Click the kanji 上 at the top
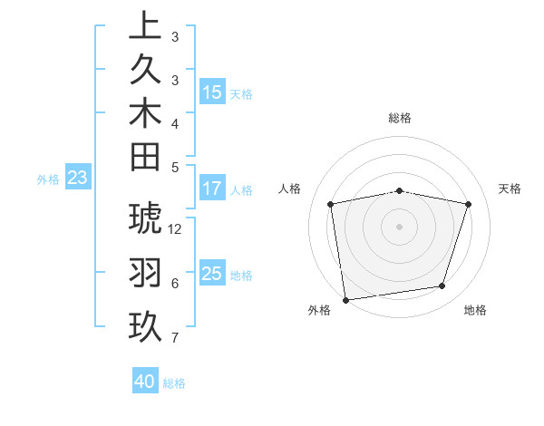145,25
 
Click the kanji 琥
145,219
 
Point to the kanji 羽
145,273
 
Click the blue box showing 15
212,92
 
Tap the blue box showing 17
212,189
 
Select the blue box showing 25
212,274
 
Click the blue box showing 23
78,179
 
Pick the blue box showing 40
145,382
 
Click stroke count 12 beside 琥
176,229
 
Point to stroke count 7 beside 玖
175,338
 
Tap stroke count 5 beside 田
175,167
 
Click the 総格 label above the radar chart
400,118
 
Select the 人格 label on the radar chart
290,189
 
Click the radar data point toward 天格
468,204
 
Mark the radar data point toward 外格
345,298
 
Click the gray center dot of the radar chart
400,226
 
